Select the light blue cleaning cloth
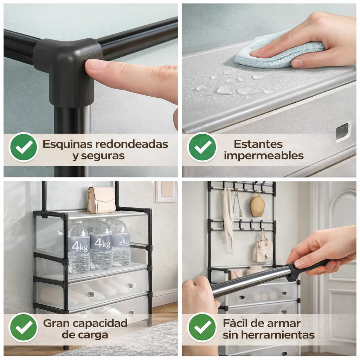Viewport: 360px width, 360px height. pyautogui.click(x=278, y=51)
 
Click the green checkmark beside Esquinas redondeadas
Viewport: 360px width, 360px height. pyautogui.click(x=24, y=147)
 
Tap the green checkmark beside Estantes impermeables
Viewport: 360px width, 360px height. pyautogui.click(x=202, y=147)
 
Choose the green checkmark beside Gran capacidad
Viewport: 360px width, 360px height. pyautogui.click(x=24, y=327)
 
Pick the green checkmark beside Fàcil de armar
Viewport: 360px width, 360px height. pyautogui.click(x=202, y=327)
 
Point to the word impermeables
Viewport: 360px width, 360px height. pyautogui.click(x=264, y=155)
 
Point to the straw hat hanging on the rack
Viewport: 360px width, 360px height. pyautogui.click(x=257, y=205)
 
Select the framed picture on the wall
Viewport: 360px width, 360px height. pyautogui.click(x=165, y=192)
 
